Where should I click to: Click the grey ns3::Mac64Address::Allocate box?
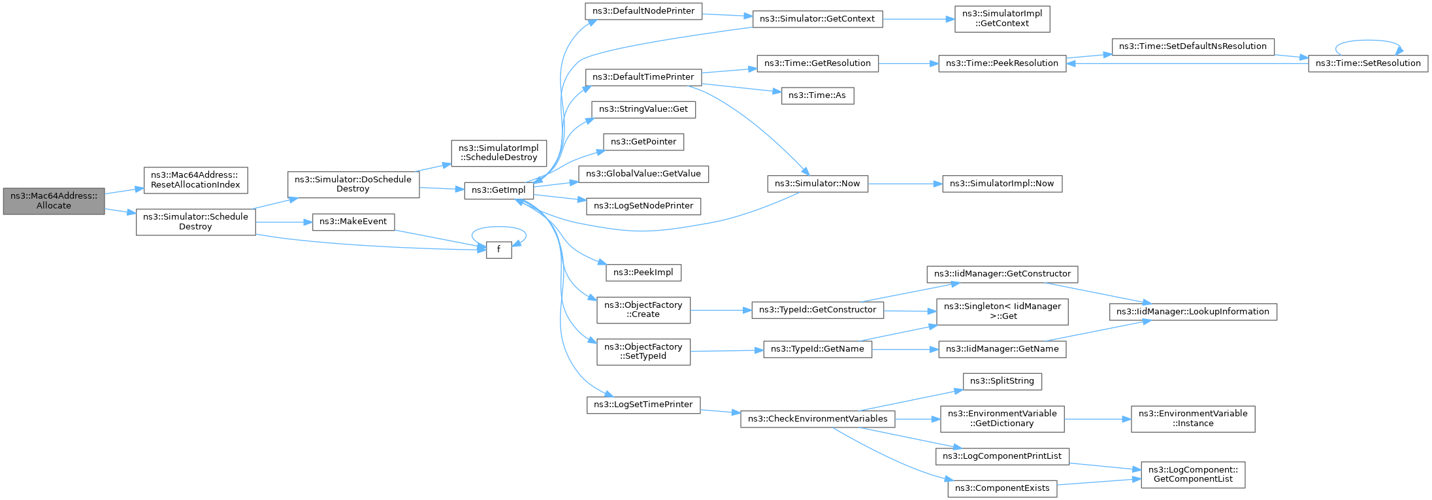(x=54, y=201)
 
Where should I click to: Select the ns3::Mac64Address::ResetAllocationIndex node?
(x=195, y=180)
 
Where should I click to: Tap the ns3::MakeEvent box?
(x=353, y=222)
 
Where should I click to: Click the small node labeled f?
(x=499, y=249)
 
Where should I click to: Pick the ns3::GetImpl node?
(x=498, y=190)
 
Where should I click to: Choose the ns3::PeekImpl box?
(x=643, y=272)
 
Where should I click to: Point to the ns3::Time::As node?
(x=817, y=95)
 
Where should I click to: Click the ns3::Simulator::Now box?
(x=817, y=184)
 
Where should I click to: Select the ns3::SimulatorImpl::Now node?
(x=1002, y=184)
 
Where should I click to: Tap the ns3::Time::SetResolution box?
(x=1368, y=63)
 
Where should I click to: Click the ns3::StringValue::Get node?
(x=643, y=109)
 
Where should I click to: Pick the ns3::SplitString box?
(x=1002, y=381)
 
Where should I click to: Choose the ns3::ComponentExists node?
(x=1002, y=488)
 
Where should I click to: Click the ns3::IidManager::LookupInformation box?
(x=1193, y=312)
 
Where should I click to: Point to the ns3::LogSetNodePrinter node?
(x=643, y=206)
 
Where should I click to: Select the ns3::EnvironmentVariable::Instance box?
(x=1193, y=418)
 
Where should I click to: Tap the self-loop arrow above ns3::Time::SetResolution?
(x=1368, y=42)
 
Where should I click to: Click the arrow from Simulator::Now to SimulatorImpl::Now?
(x=905, y=184)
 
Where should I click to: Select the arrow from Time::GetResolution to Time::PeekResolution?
(x=908, y=63)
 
